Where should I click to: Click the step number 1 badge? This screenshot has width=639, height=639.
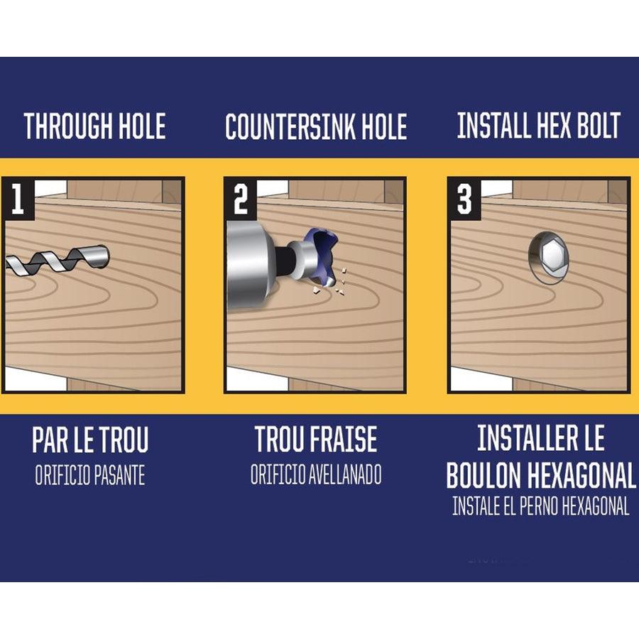[18, 199]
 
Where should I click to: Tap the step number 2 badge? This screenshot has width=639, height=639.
[241, 199]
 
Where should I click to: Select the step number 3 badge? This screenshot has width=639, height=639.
[464, 199]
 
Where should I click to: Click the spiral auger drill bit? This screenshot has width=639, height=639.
[57, 260]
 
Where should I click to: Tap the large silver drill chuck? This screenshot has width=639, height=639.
[247, 264]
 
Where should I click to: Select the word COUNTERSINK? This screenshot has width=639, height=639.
[290, 127]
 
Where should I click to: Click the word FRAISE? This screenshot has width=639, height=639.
[345, 439]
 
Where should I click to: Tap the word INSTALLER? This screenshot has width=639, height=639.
[525, 437]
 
